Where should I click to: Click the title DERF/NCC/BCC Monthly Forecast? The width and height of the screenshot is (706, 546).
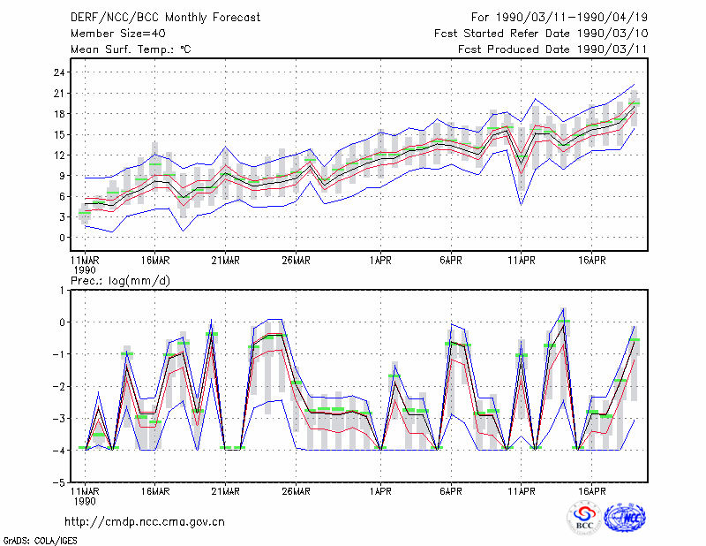[x=165, y=18]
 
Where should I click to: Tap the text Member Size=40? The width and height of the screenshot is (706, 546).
[x=118, y=34]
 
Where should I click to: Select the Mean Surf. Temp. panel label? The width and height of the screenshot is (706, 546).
[x=131, y=49]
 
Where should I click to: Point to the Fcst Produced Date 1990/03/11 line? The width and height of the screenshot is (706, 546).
[x=552, y=49]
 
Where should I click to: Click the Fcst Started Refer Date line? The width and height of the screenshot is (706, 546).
[x=541, y=34]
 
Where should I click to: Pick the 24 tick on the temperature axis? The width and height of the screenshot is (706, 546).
[x=59, y=72]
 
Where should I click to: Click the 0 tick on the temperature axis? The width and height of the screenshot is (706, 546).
[x=62, y=238]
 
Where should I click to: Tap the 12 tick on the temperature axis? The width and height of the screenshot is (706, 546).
[x=59, y=155]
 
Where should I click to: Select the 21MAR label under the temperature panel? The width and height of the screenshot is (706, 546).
[x=225, y=261]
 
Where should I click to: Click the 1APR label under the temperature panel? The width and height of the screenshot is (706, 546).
[x=380, y=261]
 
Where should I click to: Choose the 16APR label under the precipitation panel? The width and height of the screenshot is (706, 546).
[x=591, y=491]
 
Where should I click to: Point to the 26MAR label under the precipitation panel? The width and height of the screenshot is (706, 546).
[x=296, y=491]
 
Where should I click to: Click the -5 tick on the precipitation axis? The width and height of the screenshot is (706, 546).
[x=59, y=482]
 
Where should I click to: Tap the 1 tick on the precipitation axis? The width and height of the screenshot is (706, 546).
[x=62, y=291]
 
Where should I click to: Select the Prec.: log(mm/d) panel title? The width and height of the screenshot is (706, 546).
[x=120, y=281]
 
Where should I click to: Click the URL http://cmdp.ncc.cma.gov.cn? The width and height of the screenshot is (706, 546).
[x=145, y=522]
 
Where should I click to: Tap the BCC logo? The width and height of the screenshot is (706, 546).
[x=584, y=518]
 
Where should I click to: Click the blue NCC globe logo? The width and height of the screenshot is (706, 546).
[x=625, y=518]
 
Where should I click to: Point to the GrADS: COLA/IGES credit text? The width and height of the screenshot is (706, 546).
[x=41, y=541]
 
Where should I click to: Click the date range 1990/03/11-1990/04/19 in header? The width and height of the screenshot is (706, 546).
[x=571, y=18]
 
